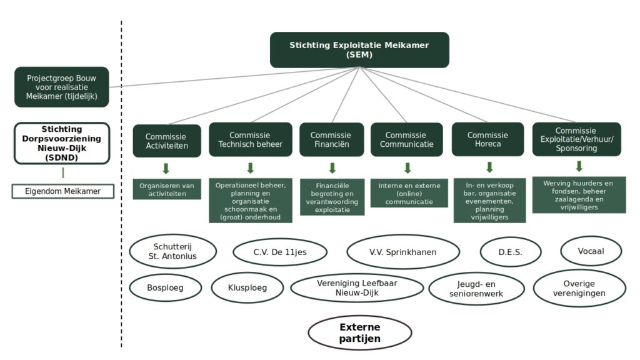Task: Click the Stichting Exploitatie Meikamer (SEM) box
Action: (359, 50)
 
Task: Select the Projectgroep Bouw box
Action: (62, 87)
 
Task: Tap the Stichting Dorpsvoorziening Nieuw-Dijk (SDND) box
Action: (62, 143)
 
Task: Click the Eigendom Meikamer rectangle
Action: (63, 191)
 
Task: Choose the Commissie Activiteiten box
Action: (167, 141)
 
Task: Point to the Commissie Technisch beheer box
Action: (250, 139)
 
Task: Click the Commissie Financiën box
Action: (331, 139)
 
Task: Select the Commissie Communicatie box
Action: (406, 139)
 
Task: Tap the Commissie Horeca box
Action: (487, 139)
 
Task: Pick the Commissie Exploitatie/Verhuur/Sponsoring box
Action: (577, 139)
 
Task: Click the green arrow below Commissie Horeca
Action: (490, 167)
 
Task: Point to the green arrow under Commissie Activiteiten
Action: (166, 169)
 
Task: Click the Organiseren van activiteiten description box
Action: (167, 189)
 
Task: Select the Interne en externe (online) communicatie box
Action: (409, 193)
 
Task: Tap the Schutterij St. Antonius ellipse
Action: (172, 251)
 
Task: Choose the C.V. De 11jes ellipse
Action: (280, 252)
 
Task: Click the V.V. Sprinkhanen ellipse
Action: (403, 252)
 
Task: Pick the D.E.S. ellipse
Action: (511, 252)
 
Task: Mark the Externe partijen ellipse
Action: (359, 332)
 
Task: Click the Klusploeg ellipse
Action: (247, 287)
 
